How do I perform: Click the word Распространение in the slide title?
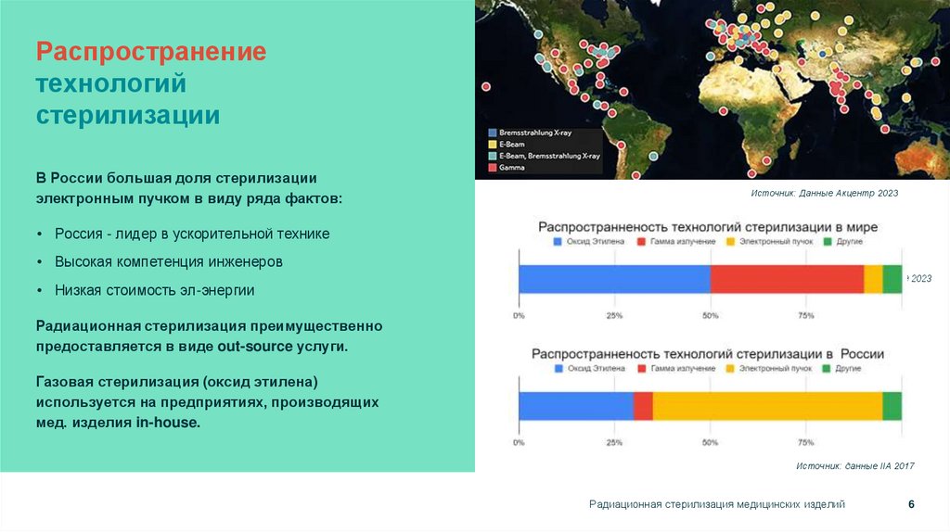pos(151,52)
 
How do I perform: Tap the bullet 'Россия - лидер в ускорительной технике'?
pos(192,234)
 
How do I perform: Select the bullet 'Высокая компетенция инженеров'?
pos(169,261)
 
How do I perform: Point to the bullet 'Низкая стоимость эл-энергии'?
pos(154,290)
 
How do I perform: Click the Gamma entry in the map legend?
pos(511,168)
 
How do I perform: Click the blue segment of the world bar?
pos(614,279)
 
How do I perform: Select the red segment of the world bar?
pos(787,279)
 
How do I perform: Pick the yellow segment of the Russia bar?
pos(767,406)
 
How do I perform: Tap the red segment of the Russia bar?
pos(643,406)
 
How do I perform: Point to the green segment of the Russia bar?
pos(892,406)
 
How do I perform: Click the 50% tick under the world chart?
pos(710,316)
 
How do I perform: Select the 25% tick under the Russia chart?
pos(614,443)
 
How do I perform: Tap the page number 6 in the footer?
pos(911,504)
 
